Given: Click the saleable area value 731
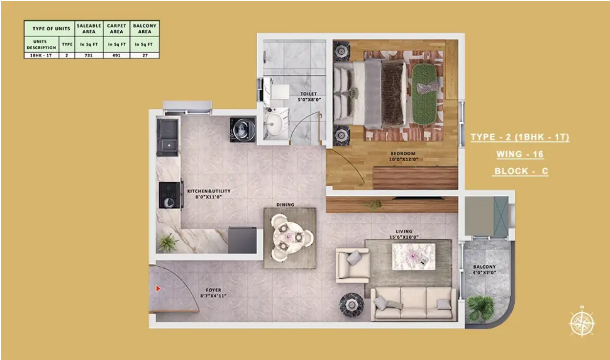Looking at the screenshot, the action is [88, 55].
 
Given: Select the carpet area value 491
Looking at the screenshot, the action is [116, 55].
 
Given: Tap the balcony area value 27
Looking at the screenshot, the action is [145, 55].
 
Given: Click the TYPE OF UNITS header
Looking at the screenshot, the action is [51, 28].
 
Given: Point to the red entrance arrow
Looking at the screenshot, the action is [158, 288].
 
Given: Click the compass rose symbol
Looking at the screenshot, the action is [582, 323].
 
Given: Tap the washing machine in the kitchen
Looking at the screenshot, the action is [242, 129].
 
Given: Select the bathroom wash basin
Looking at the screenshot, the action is [275, 124].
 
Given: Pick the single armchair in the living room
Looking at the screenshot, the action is [352, 265].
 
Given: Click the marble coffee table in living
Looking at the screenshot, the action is [414, 256].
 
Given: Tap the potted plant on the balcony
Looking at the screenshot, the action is [481, 308].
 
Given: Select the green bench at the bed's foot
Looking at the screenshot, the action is [424, 94].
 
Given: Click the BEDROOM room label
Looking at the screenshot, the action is [403, 153].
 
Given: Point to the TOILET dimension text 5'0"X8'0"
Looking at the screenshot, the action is [309, 100].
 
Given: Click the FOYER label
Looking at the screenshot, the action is [214, 290].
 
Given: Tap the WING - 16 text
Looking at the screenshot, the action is [520, 154].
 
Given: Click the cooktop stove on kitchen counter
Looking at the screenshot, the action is [170, 195].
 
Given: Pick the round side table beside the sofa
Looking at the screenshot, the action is [351, 305].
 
